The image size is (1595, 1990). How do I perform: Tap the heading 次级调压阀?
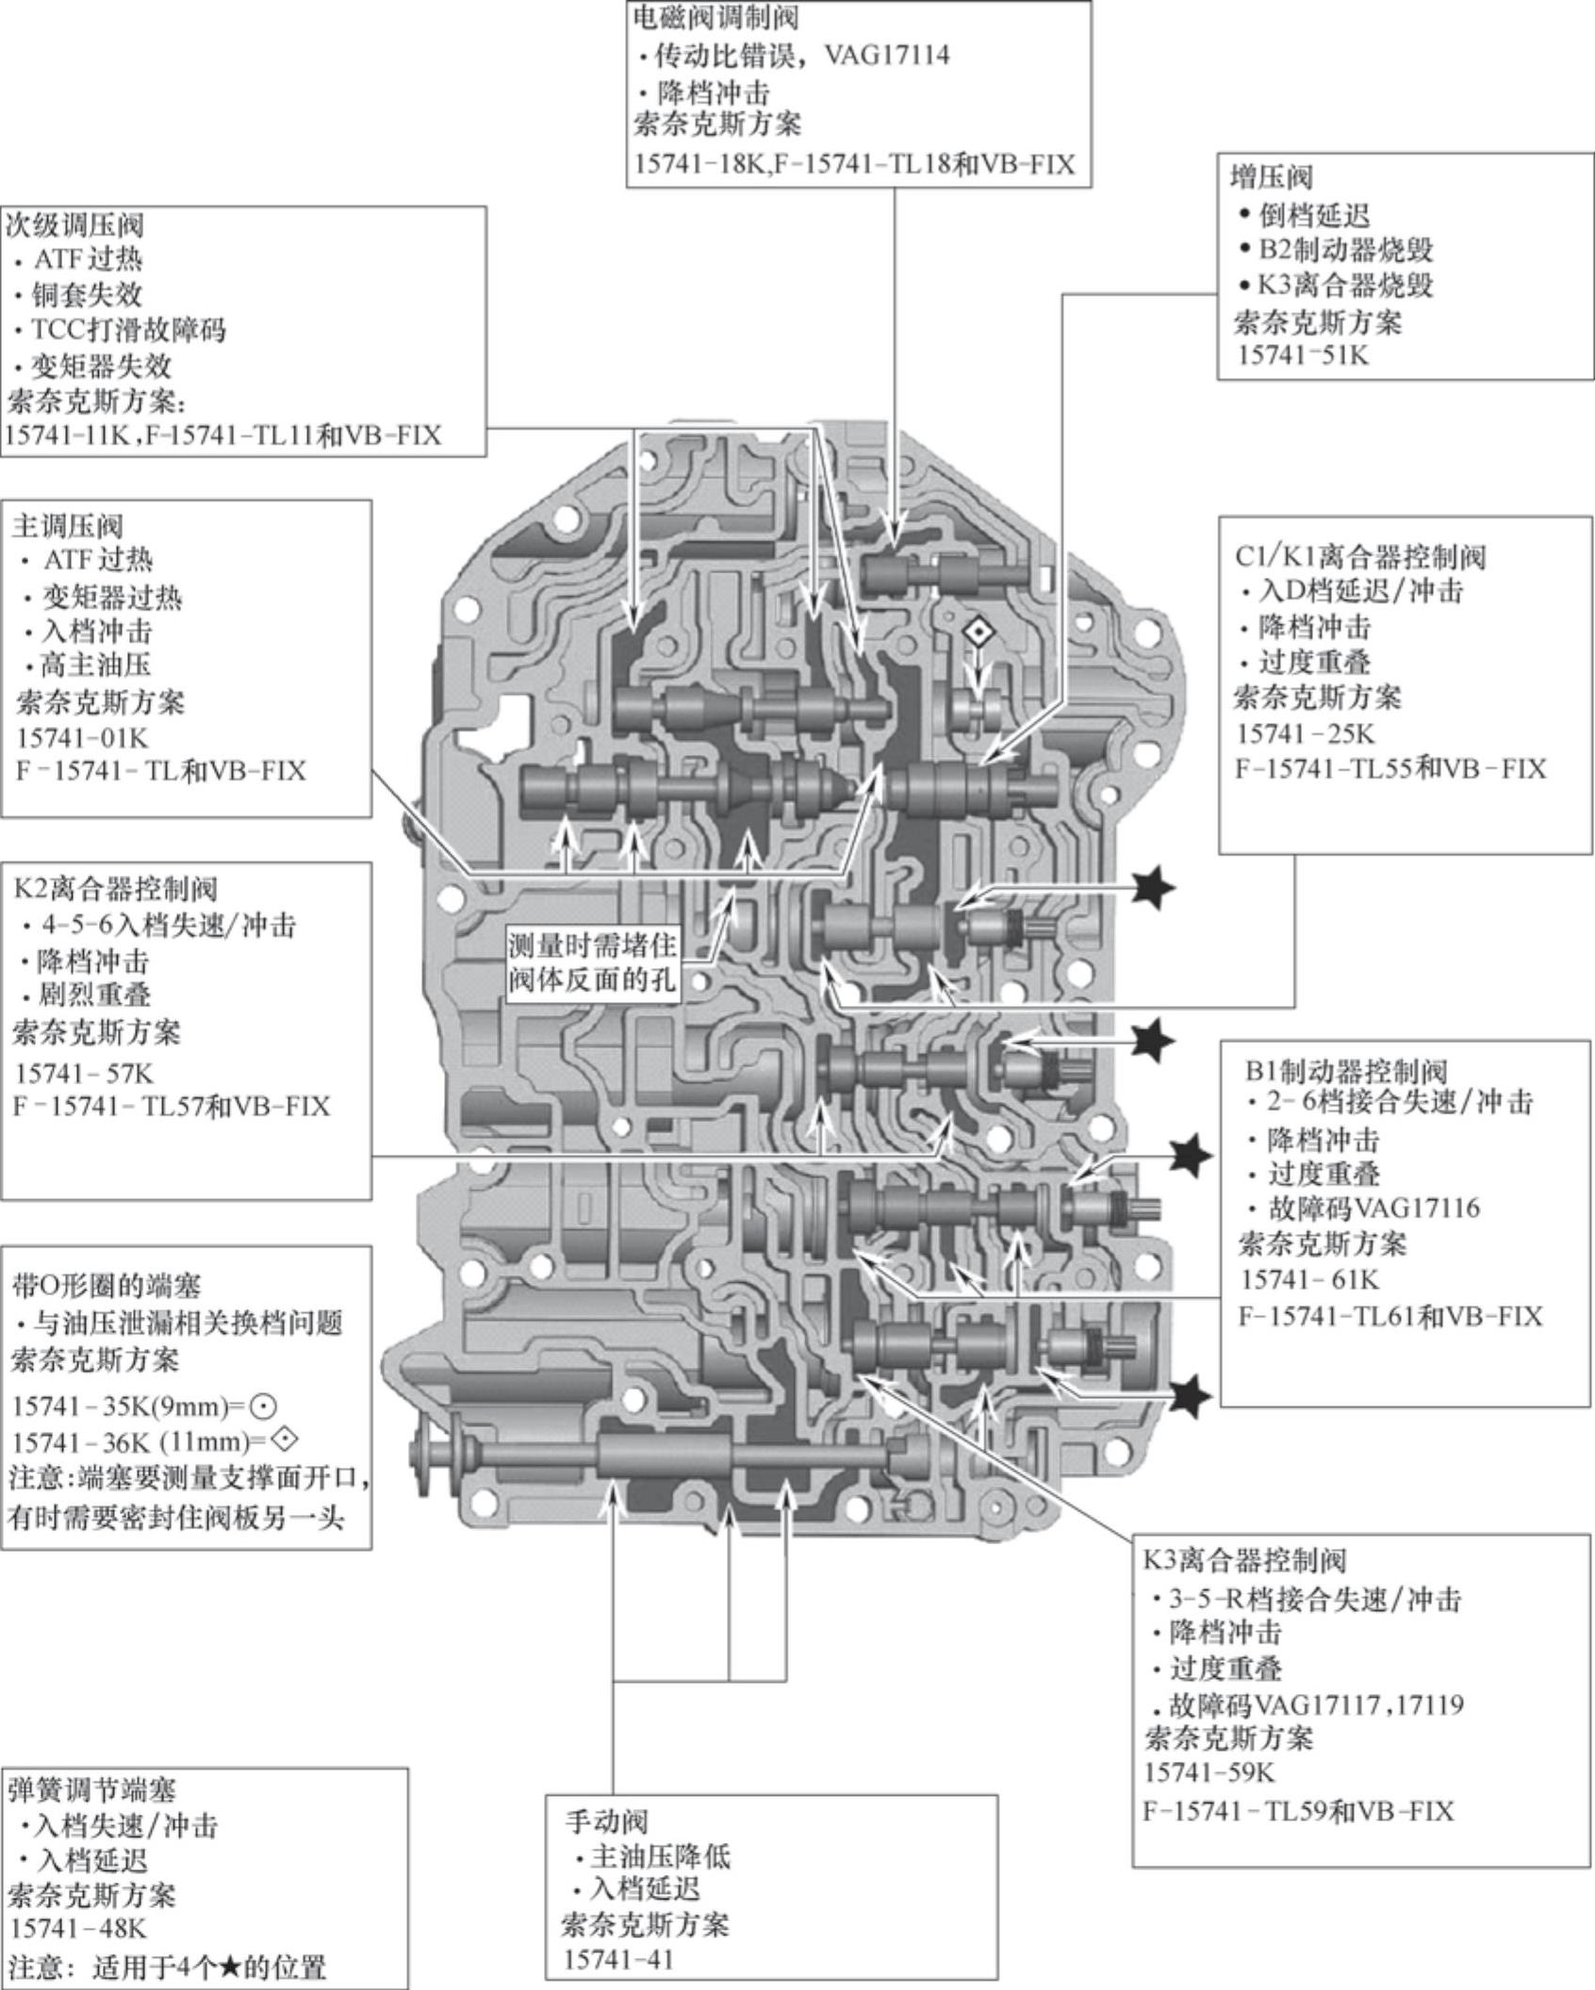(x=75, y=225)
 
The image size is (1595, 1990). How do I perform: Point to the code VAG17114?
(x=886, y=55)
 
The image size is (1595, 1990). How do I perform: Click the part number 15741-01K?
(x=82, y=736)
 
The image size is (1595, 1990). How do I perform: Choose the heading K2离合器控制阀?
(x=116, y=888)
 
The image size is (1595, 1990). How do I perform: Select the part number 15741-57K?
(x=84, y=1073)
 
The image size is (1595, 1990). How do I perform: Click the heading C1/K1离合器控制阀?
(x=1359, y=556)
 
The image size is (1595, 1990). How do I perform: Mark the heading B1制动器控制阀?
(x=1345, y=1071)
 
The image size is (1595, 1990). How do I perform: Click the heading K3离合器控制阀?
(x=1244, y=1560)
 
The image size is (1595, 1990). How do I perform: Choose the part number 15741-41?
(x=619, y=1959)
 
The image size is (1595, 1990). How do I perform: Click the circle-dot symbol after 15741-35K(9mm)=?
(x=265, y=1407)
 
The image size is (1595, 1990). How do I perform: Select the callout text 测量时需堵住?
(x=592, y=946)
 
